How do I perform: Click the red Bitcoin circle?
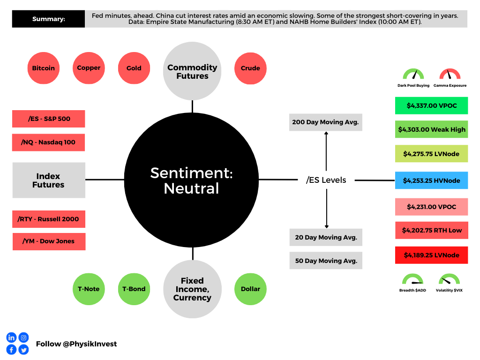point(44,68)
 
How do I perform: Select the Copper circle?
point(89,68)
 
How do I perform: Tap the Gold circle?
point(134,68)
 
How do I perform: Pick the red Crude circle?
point(250,68)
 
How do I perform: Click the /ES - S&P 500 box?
point(48,119)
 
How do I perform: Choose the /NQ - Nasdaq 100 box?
point(48,142)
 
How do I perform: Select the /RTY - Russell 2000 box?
point(48,219)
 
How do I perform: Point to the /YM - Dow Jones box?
point(49,241)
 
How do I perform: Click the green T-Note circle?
point(89,289)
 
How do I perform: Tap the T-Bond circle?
point(134,289)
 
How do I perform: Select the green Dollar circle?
point(250,289)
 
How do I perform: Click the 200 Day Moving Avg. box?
point(325,122)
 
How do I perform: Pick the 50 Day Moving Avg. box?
point(326,261)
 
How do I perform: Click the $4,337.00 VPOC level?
point(431,106)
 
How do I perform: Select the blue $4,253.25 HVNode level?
point(431,180)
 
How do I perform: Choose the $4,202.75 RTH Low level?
point(431,230)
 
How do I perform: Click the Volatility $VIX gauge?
point(449,281)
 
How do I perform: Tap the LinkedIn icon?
point(11,337)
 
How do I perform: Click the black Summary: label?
point(48,19)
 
